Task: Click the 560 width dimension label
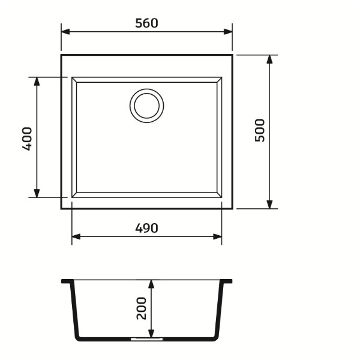coord(147,23)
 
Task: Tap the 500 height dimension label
coord(260,130)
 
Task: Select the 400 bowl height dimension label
coord(27,139)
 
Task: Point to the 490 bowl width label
coord(147,228)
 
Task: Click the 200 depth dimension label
coord(142,308)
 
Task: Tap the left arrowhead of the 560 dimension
coord(65,32)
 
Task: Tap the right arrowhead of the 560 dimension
coord(228,32)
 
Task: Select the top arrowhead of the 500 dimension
coord(269,59)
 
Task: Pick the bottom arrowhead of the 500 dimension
coord(269,205)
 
